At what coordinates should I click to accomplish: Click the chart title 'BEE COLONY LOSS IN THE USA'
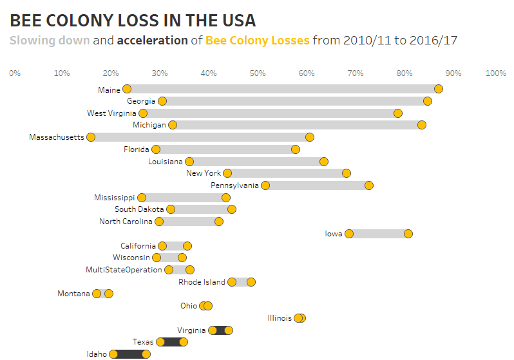133,20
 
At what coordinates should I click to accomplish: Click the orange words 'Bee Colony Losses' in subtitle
257,41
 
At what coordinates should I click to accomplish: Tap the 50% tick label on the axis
258,73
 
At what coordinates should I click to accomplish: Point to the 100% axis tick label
495,73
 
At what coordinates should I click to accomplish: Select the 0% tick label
15,73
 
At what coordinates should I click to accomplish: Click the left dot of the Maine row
127,89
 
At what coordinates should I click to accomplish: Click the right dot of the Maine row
439,89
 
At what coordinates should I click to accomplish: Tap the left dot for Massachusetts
91,137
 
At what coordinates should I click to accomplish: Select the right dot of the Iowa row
408,234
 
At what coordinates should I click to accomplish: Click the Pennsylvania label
234,185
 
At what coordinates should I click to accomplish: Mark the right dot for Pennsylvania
369,185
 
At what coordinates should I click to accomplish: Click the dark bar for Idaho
130,354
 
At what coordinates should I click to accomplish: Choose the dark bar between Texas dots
172,342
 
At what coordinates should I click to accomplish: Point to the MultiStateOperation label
124,270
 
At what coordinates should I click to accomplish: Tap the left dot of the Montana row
97,294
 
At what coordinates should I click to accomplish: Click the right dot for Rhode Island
251,282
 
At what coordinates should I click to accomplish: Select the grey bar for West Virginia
271,113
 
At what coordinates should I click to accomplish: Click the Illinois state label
279,318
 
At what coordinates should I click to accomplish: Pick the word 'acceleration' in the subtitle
151,41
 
